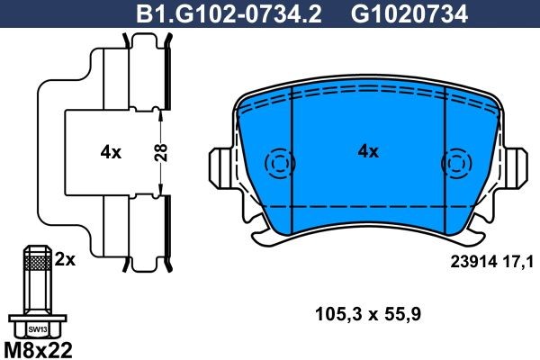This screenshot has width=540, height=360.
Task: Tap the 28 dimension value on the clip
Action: coord(159,152)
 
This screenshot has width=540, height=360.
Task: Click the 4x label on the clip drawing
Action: coord(111,153)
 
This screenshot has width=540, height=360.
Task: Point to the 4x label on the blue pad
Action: coord(368,152)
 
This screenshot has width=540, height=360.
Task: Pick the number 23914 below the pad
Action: coord(469,261)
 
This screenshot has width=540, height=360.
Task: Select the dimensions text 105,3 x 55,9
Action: coord(368,315)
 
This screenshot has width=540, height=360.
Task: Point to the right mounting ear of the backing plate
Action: coord(517,166)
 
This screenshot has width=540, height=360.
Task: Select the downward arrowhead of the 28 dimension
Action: coord(159,192)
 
